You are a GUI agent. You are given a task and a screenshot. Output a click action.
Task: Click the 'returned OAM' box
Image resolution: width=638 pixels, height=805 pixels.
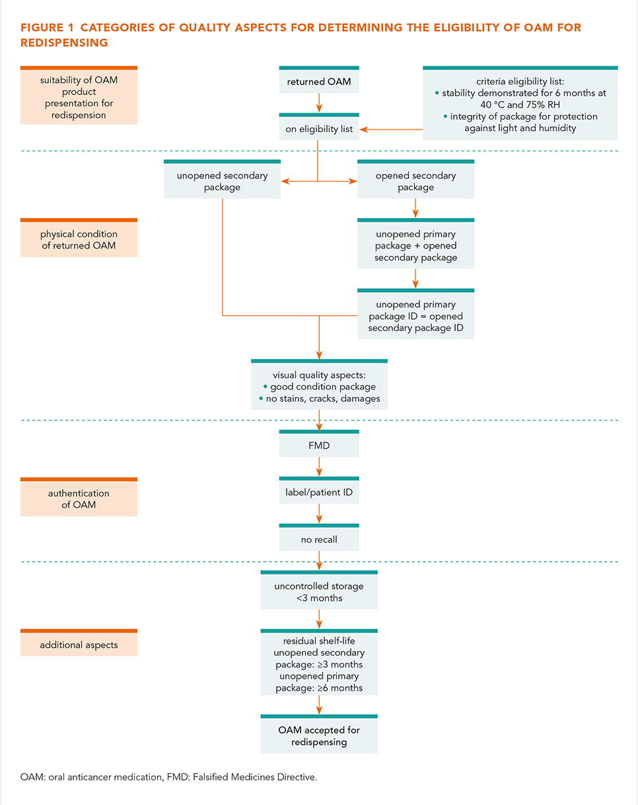[x=319, y=80]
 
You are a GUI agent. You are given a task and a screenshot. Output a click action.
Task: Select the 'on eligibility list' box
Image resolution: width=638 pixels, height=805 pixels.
[x=319, y=126]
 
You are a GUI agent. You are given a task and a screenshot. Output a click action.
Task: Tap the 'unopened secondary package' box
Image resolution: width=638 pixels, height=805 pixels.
[x=222, y=179]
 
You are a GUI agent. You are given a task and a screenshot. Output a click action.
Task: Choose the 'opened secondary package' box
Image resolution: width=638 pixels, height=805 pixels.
[x=415, y=179]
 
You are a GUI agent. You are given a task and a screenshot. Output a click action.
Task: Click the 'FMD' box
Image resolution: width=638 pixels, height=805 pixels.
[x=319, y=443]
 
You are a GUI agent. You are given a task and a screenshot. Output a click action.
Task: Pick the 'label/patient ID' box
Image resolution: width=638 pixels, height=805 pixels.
[x=319, y=490]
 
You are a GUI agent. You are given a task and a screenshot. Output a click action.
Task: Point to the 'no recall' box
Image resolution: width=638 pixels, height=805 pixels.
[x=319, y=537]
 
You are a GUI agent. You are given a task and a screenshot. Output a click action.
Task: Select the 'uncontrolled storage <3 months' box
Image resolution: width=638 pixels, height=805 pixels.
[x=319, y=590]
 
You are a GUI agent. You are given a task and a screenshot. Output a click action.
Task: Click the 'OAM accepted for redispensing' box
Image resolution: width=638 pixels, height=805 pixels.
[x=319, y=734]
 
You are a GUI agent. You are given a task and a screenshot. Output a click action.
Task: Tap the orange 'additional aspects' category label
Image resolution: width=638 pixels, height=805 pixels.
[x=79, y=642]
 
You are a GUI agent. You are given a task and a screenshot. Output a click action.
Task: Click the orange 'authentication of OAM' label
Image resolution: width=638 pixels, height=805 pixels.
[x=79, y=497]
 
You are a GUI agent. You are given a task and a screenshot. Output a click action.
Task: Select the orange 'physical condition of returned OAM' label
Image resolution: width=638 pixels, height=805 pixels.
[x=79, y=237]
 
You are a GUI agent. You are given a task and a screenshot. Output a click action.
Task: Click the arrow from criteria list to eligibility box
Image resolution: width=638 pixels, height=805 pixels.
[x=391, y=130]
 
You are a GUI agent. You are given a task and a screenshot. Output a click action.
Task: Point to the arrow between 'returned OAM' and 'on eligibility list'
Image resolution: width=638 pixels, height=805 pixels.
[x=319, y=103]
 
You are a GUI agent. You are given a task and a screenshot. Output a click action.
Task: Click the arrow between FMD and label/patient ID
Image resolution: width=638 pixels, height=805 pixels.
[x=319, y=467]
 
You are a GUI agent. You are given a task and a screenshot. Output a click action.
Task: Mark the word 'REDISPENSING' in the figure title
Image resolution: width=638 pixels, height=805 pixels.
[x=64, y=43]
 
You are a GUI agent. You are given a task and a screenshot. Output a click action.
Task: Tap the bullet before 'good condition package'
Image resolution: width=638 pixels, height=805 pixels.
[x=266, y=387]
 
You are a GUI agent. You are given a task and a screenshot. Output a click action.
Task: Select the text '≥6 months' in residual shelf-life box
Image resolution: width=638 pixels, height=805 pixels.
[x=340, y=688]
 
